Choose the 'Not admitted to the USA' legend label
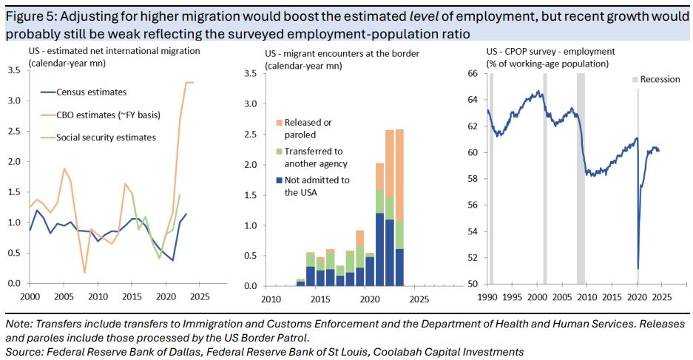pos(317,186)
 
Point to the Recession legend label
pos(660,79)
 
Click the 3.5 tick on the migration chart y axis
pos(14,70)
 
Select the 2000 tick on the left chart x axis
pos(30,295)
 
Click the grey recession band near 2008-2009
pos(581,177)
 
